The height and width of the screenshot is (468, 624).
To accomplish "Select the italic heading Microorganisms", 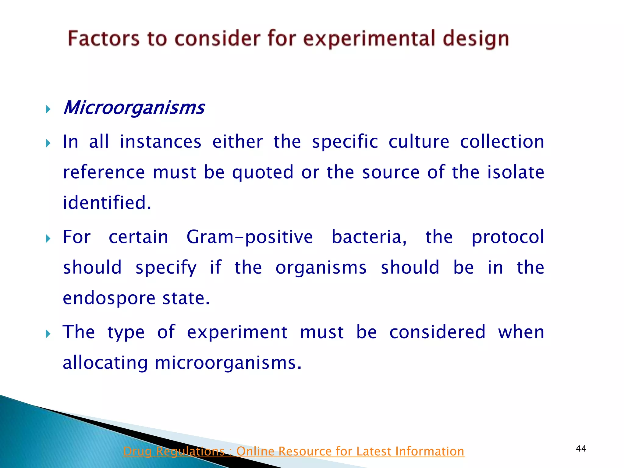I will [x=134, y=108].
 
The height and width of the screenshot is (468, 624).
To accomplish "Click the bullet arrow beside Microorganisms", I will [x=48, y=109].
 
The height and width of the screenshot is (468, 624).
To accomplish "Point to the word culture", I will [x=419, y=142].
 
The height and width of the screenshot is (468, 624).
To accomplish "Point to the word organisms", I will [x=321, y=268].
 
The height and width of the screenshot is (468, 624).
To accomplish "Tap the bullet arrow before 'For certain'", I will [x=48, y=239].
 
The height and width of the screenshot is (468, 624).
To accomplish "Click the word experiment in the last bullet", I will [x=237, y=332].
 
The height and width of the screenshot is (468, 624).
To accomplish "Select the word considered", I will [x=437, y=332].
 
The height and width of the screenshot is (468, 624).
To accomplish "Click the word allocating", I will [x=105, y=363].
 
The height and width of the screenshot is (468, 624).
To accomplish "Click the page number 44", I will [x=581, y=448].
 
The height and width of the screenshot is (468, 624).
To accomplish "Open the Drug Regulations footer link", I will [x=293, y=451].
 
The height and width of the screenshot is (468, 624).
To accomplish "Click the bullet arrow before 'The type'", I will [x=48, y=334].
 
